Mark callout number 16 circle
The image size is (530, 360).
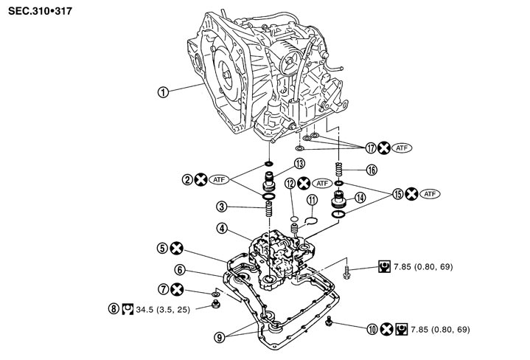click(x=372, y=170)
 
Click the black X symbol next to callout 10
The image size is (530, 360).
click(x=387, y=329)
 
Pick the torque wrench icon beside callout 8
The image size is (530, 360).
click(x=127, y=309)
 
